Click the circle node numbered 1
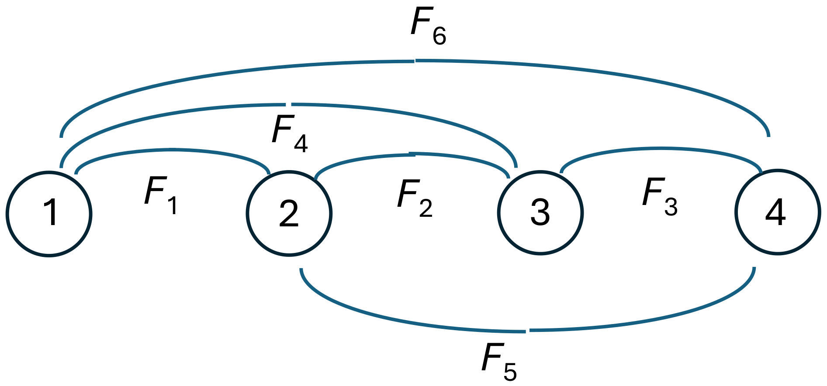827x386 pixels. tap(49, 214)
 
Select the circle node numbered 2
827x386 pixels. tap(289, 214)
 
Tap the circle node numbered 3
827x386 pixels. tap(540, 212)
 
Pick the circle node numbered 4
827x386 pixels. tap(777, 212)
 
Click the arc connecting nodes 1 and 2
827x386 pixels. tap(170, 150)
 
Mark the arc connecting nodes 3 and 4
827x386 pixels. tap(660, 149)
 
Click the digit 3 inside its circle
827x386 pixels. tap(540, 212)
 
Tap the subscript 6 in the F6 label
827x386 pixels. tap(439, 36)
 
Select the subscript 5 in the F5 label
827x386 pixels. tap(510, 371)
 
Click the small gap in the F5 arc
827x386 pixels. tap(528, 331)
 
